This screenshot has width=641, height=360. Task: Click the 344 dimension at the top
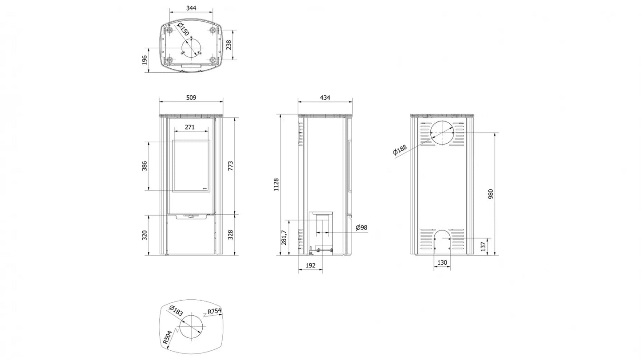[x=191, y=8]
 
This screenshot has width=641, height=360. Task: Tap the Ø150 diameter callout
[x=184, y=29]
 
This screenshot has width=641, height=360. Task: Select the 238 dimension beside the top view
[x=228, y=45]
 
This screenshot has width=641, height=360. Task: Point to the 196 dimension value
[x=145, y=60]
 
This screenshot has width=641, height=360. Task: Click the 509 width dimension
[x=191, y=98]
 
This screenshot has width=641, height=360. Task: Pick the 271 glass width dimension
[x=190, y=127]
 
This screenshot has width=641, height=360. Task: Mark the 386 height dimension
[x=145, y=166]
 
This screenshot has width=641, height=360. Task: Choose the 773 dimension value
[x=230, y=166]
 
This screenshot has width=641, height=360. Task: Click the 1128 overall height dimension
[x=276, y=185]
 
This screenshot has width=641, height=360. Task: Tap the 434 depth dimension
[x=325, y=98]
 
